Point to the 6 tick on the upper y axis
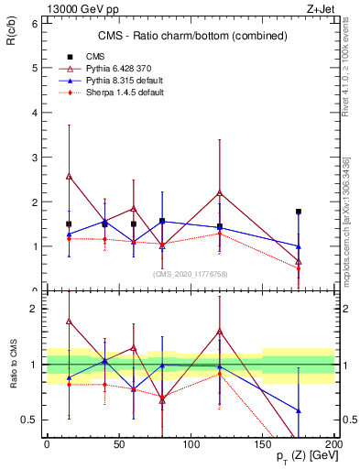click(x=34, y=23)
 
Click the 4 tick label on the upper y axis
click(x=34, y=113)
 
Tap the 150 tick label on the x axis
click(x=262, y=444)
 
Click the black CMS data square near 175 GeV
click(x=299, y=212)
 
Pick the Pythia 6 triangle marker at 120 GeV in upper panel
click(x=220, y=192)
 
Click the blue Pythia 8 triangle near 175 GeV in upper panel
click(x=299, y=245)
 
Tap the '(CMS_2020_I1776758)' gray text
click(x=190, y=272)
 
